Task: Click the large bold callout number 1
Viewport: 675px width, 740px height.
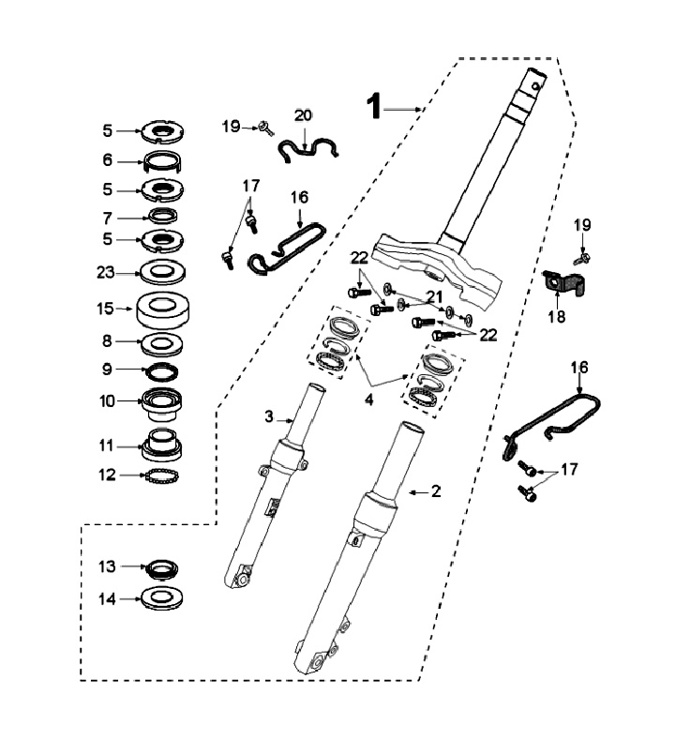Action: pos(374,106)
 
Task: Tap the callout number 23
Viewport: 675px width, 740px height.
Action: pos(105,272)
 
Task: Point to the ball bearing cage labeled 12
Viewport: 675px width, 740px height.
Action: pos(162,476)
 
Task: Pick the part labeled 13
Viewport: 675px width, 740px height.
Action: pos(163,567)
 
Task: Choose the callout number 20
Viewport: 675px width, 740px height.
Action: pos(303,115)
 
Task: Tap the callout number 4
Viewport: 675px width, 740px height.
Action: pos(368,400)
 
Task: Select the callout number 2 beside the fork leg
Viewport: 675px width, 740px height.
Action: pos(435,491)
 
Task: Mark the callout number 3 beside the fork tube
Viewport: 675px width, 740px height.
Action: pos(269,416)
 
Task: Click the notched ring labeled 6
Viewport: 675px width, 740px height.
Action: pos(163,163)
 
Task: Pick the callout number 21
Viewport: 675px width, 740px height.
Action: pos(434,297)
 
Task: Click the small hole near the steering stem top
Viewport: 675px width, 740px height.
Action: pos(535,86)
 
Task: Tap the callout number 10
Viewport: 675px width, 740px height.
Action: pos(107,401)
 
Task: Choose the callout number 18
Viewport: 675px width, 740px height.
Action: pos(557,317)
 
